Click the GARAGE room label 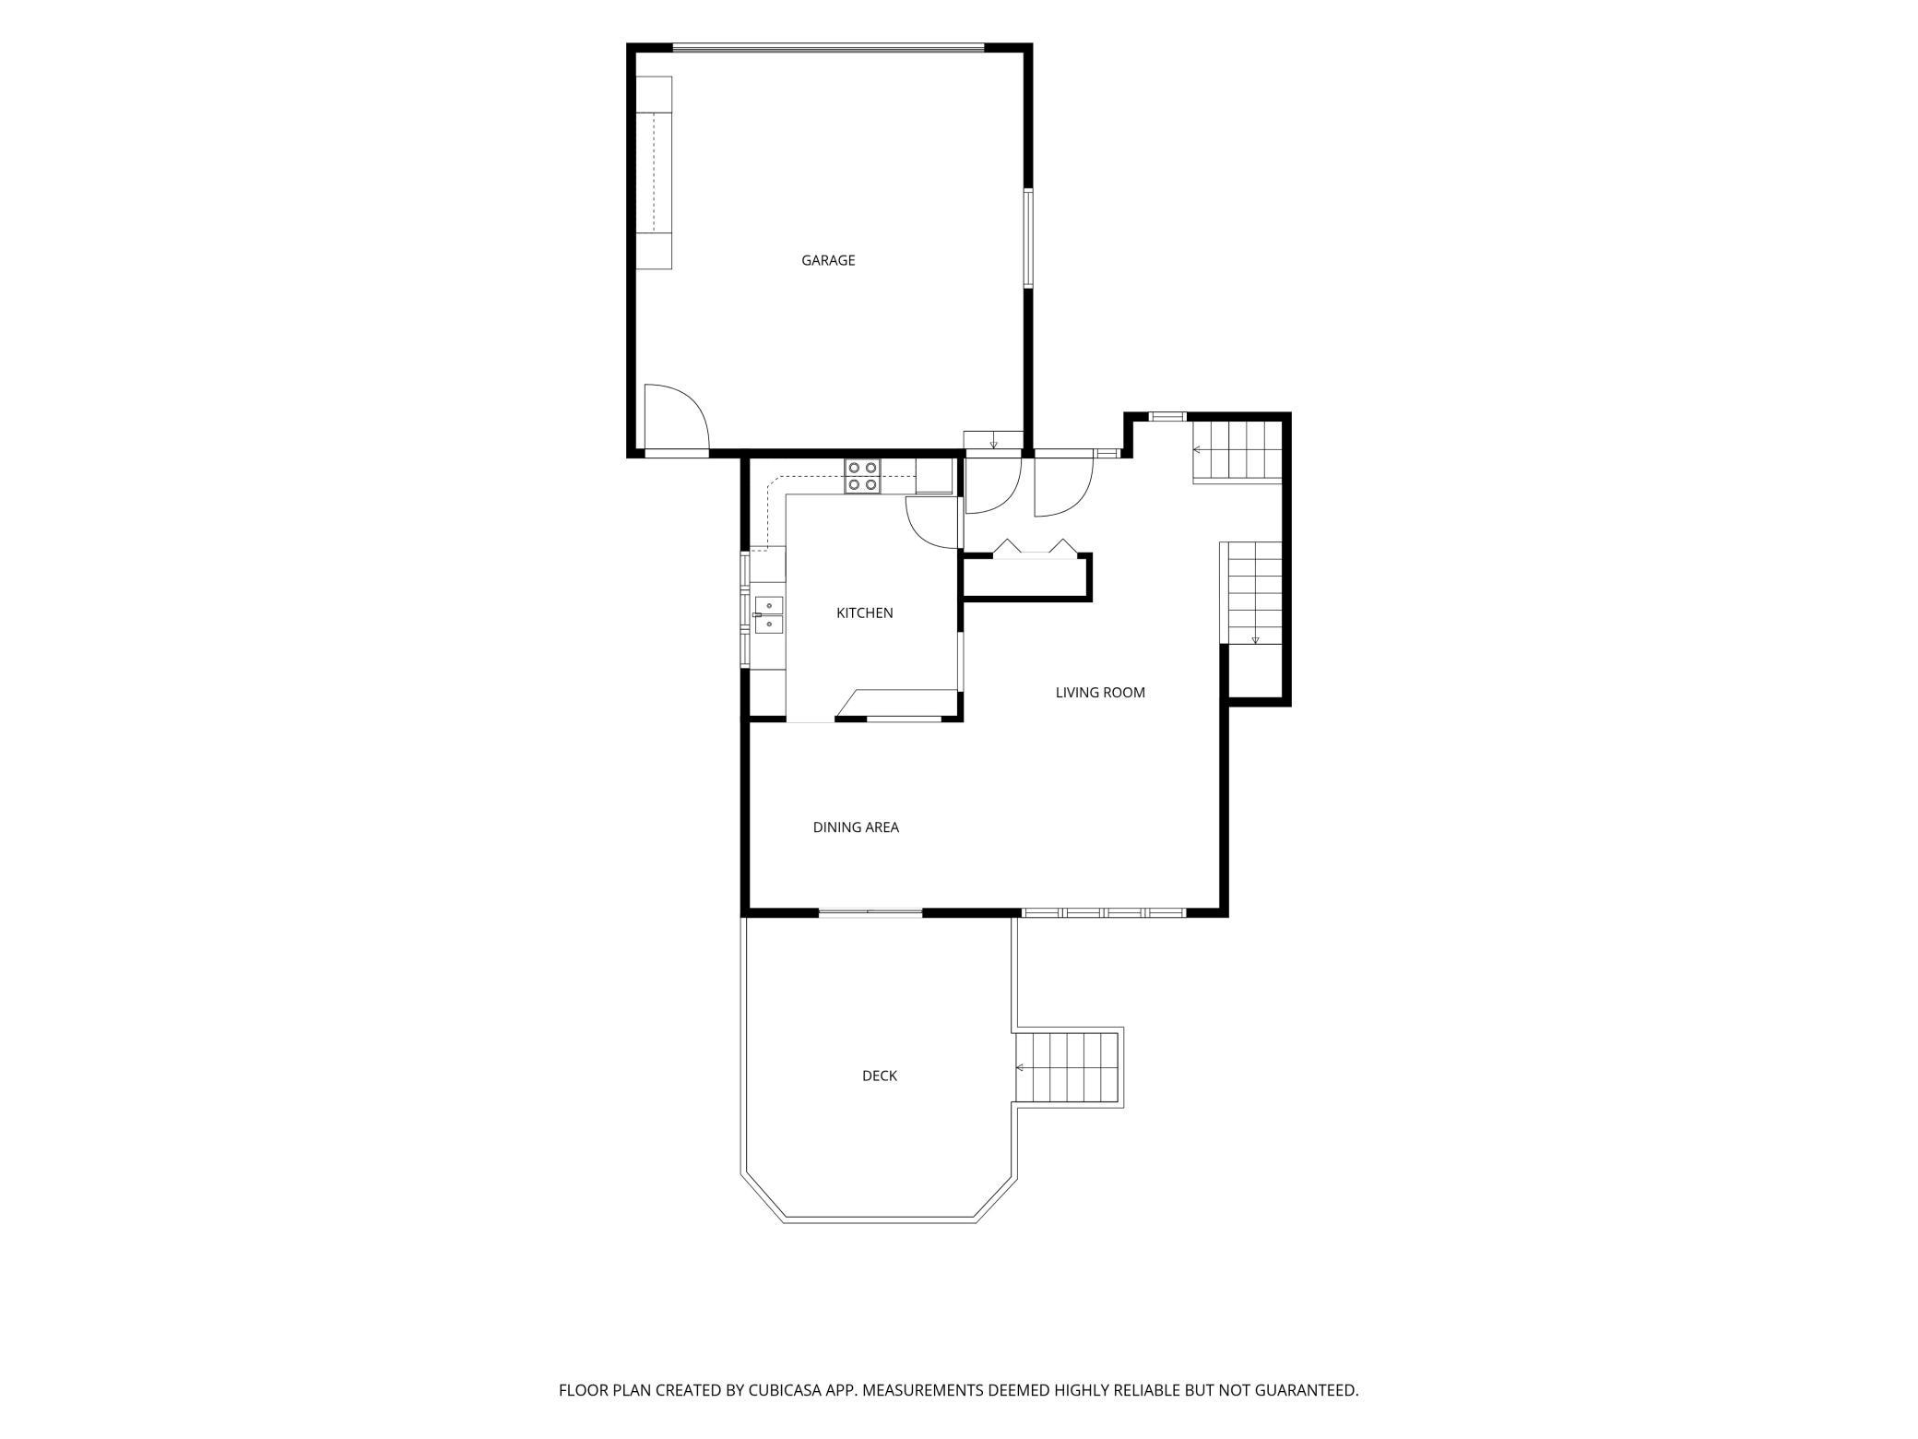[828, 260]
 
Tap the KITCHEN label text [864, 612]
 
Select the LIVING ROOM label [1100, 693]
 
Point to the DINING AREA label [856, 827]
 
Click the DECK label [880, 1076]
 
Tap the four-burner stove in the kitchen [862, 476]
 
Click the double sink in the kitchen [768, 615]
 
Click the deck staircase [1067, 1067]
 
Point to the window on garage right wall [1027, 238]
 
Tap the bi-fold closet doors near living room [1036, 548]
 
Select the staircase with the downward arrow [1251, 593]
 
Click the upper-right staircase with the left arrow [1237, 450]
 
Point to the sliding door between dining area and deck [870, 913]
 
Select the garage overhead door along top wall [828, 47]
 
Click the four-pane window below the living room [1104, 913]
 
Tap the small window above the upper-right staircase [1167, 416]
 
